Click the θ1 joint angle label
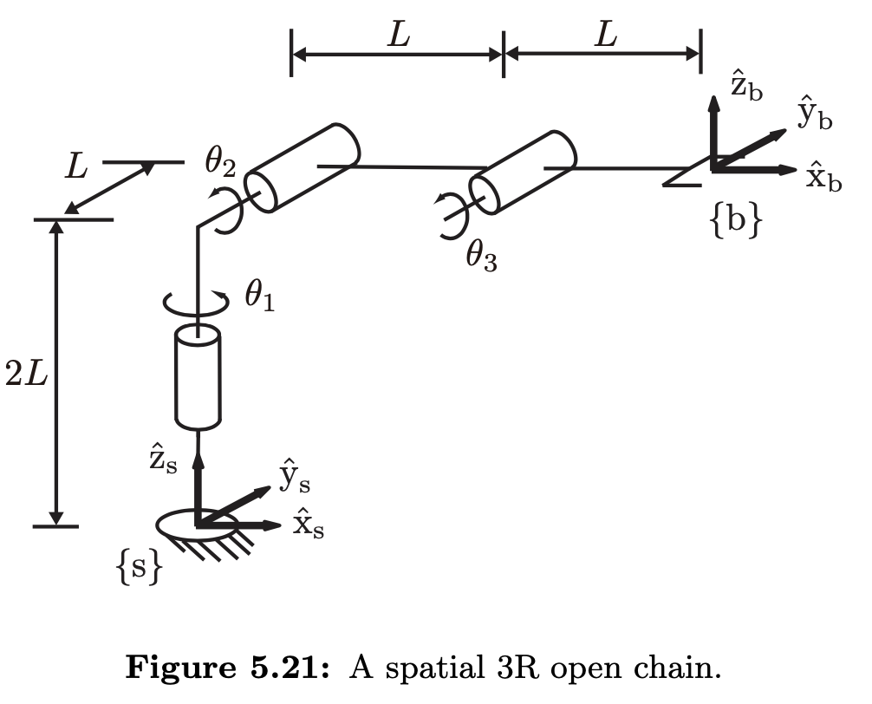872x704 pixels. [259, 297]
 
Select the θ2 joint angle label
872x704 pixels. [220, 160]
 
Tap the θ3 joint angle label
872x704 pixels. [481, 256]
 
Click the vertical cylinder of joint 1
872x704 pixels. [198, 379]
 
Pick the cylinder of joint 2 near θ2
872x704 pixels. [302, 167]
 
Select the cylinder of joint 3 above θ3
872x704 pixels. [523, 172]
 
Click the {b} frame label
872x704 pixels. [736, 221]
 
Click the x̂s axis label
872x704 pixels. [309, 524]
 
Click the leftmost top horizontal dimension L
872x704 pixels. [398, 35]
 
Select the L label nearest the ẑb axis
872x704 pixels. [606, 35]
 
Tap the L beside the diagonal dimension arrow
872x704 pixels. [76, 166]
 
